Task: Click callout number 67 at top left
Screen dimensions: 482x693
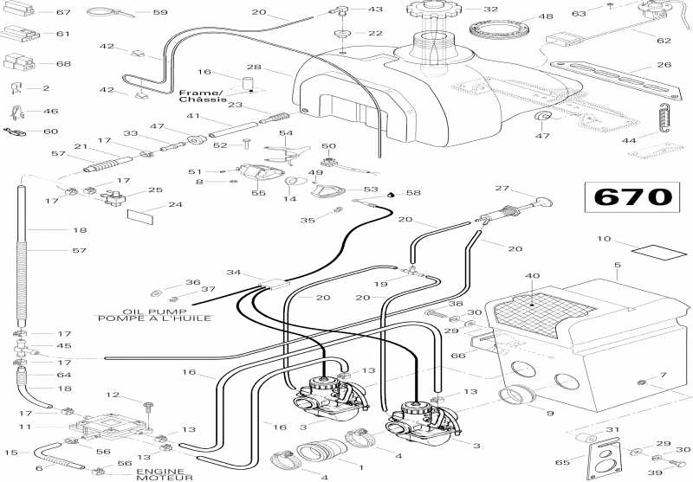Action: (x=62, y=12)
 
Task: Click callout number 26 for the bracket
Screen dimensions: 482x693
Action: (x=664, y=65)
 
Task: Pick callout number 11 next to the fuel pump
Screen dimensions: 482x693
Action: (x=25, y=427)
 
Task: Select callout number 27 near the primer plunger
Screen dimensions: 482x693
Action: (x=502, y=189)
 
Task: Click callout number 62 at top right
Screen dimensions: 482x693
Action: (x=664, y=40)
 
